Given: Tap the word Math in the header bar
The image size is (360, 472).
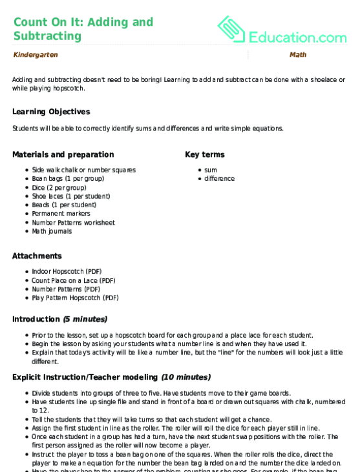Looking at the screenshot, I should tap(298, 55).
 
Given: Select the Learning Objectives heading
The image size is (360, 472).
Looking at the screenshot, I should tap(51, 111).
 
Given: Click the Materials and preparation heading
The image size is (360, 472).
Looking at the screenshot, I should tap(63, 154).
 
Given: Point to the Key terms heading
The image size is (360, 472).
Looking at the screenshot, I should tap(204, 154).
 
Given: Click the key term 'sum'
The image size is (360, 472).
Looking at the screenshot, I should tap(211, 170).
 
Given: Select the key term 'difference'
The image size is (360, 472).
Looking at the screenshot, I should tap(220, 178).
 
